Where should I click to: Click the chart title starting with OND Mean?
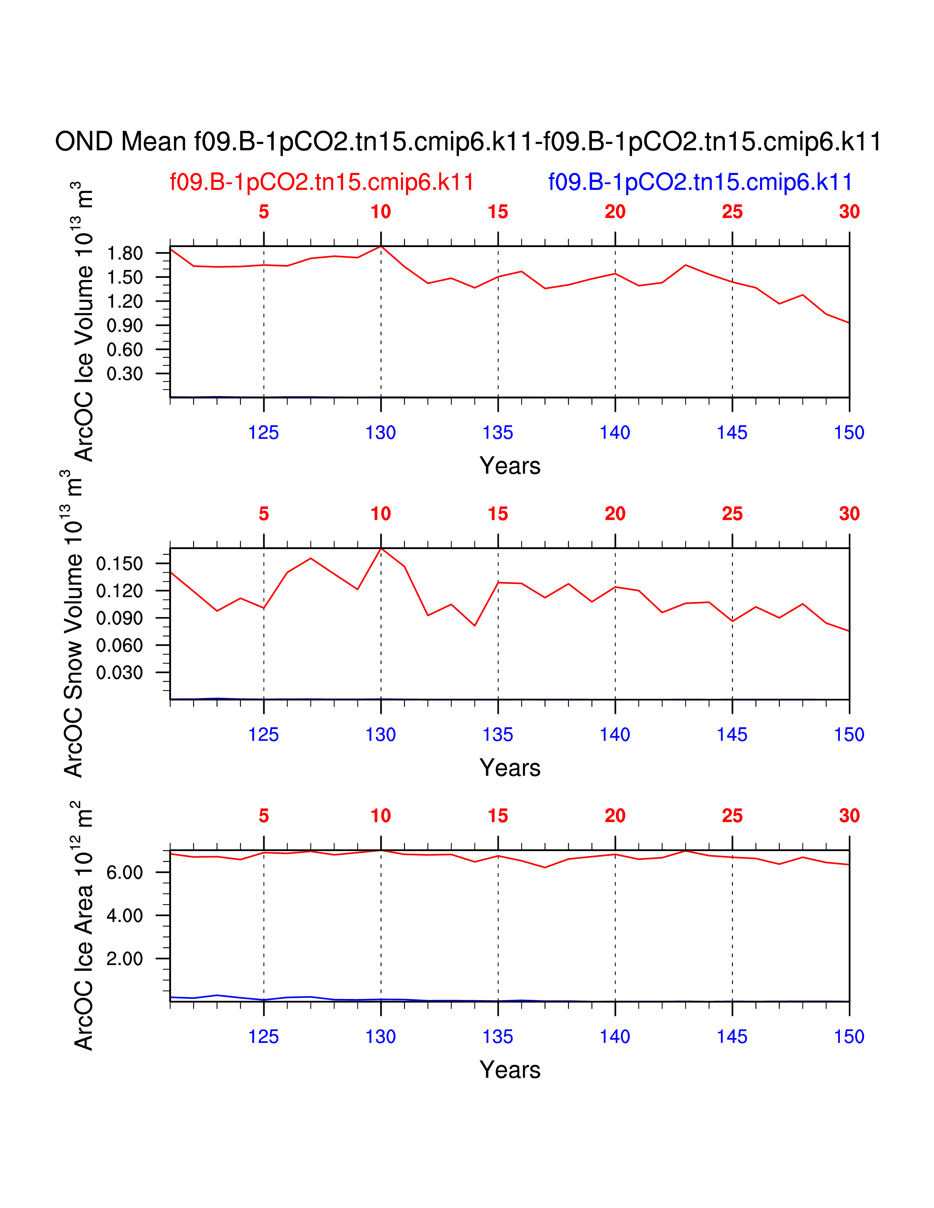468,142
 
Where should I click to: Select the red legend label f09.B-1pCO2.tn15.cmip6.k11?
322,182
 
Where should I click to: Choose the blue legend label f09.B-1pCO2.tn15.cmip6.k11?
700,182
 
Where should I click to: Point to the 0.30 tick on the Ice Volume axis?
125,374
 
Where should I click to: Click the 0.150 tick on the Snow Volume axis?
119,564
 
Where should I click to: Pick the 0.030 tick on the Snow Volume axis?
119,672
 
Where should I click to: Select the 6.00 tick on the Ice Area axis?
125,872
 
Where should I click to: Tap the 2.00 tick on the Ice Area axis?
125,959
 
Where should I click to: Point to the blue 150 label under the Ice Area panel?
849,1037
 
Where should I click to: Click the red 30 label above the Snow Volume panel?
849,514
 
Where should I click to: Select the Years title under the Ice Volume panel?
509,466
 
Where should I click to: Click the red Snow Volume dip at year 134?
475,626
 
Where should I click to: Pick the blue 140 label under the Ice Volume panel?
615,433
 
